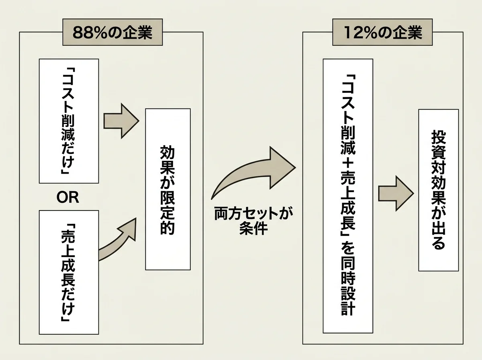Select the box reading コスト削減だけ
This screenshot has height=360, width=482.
(x=69, y=121)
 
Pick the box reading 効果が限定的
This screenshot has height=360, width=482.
(x=167, y=189)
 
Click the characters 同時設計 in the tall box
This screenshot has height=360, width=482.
(x=345, y=290)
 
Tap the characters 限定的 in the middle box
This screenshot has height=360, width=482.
(x=167, y=217)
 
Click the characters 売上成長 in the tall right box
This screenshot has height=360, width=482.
(x=345, y=202)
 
